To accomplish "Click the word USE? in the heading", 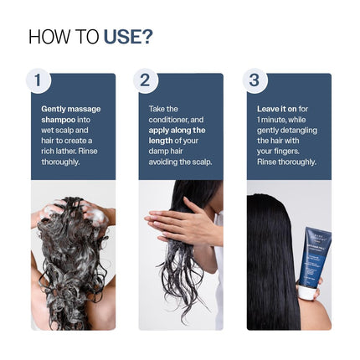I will coord(128,37).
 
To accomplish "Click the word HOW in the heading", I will coord(45,37).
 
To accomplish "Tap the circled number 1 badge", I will coord(38,80).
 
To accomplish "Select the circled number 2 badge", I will coord(145,80).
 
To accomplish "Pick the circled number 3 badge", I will coord(254,80).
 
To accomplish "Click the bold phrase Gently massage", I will coord(71,109).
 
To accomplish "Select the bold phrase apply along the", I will coord(177,130).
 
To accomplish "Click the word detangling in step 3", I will coord(296,130).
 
